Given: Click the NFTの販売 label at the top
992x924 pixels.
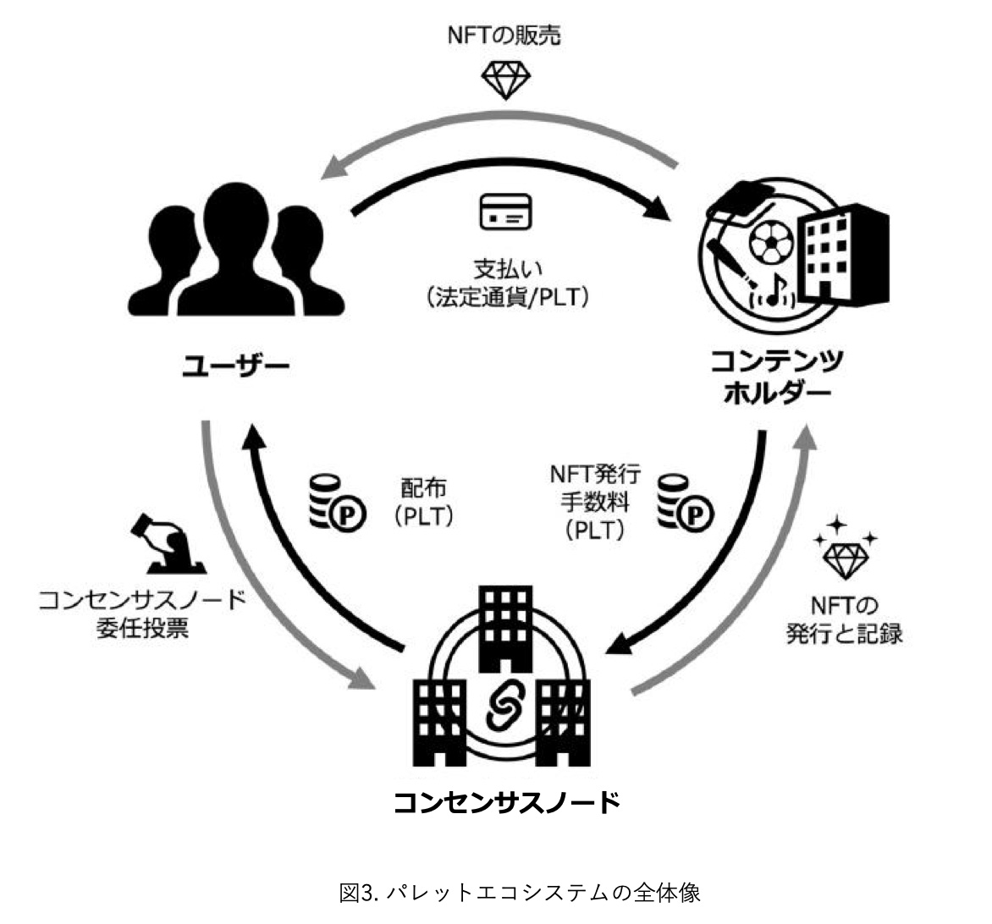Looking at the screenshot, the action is click(x=504, y=36).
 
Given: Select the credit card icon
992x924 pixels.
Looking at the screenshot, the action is click(x=505, y=212).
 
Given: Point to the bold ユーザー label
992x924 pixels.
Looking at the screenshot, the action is click(x=235, y=366).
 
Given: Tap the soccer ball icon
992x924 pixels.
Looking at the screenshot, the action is click(x=770, y=242).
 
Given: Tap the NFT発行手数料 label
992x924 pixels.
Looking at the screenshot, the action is click(x=595, y=502).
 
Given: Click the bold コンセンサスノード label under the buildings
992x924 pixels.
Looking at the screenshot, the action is click(x=507, y=802).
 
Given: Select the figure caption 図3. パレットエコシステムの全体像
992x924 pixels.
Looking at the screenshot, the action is click(x=520, y=893).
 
